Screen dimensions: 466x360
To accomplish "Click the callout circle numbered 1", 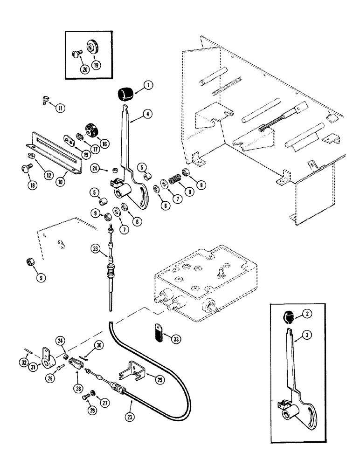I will pos(148,85).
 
